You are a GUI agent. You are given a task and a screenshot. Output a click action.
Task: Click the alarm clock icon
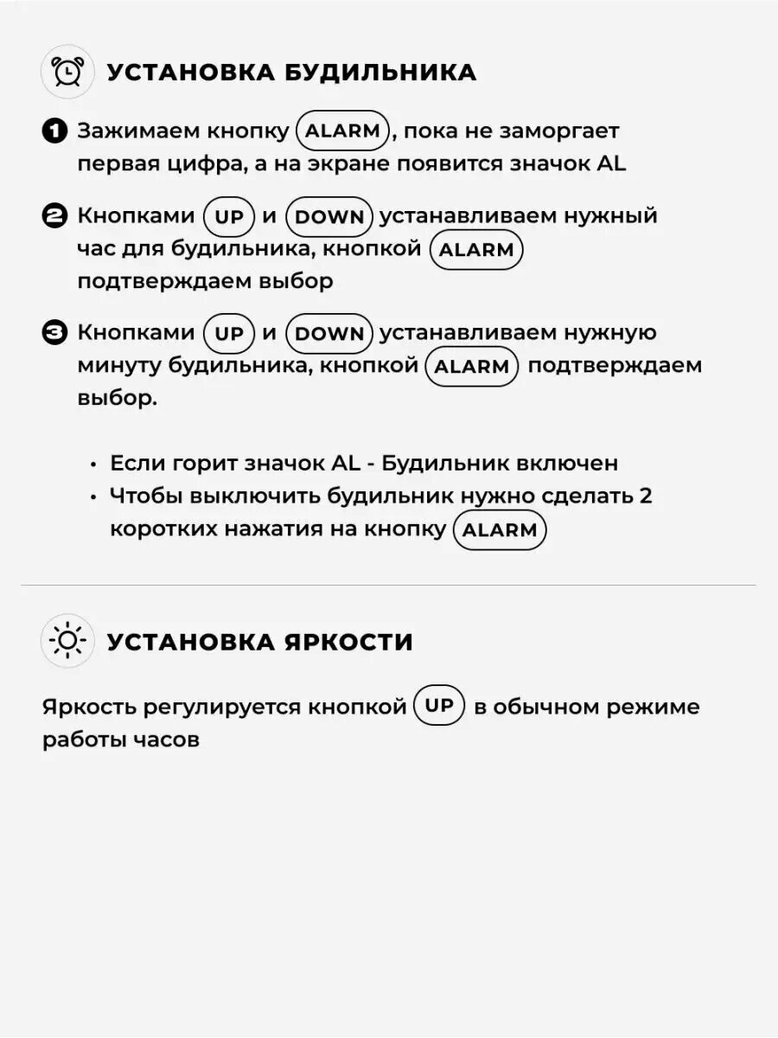67,71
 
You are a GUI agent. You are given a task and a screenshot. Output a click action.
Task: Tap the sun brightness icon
67,641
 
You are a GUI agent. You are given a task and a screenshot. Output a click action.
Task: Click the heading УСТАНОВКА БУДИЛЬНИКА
291,72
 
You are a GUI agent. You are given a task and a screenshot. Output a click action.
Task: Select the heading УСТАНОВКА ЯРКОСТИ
259,642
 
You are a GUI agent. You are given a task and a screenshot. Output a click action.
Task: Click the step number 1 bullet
54,131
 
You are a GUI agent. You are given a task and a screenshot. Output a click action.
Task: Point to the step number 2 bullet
54,216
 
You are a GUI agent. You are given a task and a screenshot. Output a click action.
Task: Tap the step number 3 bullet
54,333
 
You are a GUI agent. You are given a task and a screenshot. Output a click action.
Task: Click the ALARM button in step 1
343,131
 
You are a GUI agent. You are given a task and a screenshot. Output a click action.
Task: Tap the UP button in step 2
229,216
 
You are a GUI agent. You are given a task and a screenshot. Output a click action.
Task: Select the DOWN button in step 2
329,216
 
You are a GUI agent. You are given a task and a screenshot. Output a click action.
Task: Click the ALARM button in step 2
476,250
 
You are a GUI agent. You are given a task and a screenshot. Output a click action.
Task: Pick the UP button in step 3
229,333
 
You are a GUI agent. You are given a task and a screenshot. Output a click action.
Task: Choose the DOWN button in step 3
329,333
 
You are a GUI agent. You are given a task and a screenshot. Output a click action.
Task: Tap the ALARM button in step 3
471,366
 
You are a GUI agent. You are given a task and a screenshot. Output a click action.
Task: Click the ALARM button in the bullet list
500,530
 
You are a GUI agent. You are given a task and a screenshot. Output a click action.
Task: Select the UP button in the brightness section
439,706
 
